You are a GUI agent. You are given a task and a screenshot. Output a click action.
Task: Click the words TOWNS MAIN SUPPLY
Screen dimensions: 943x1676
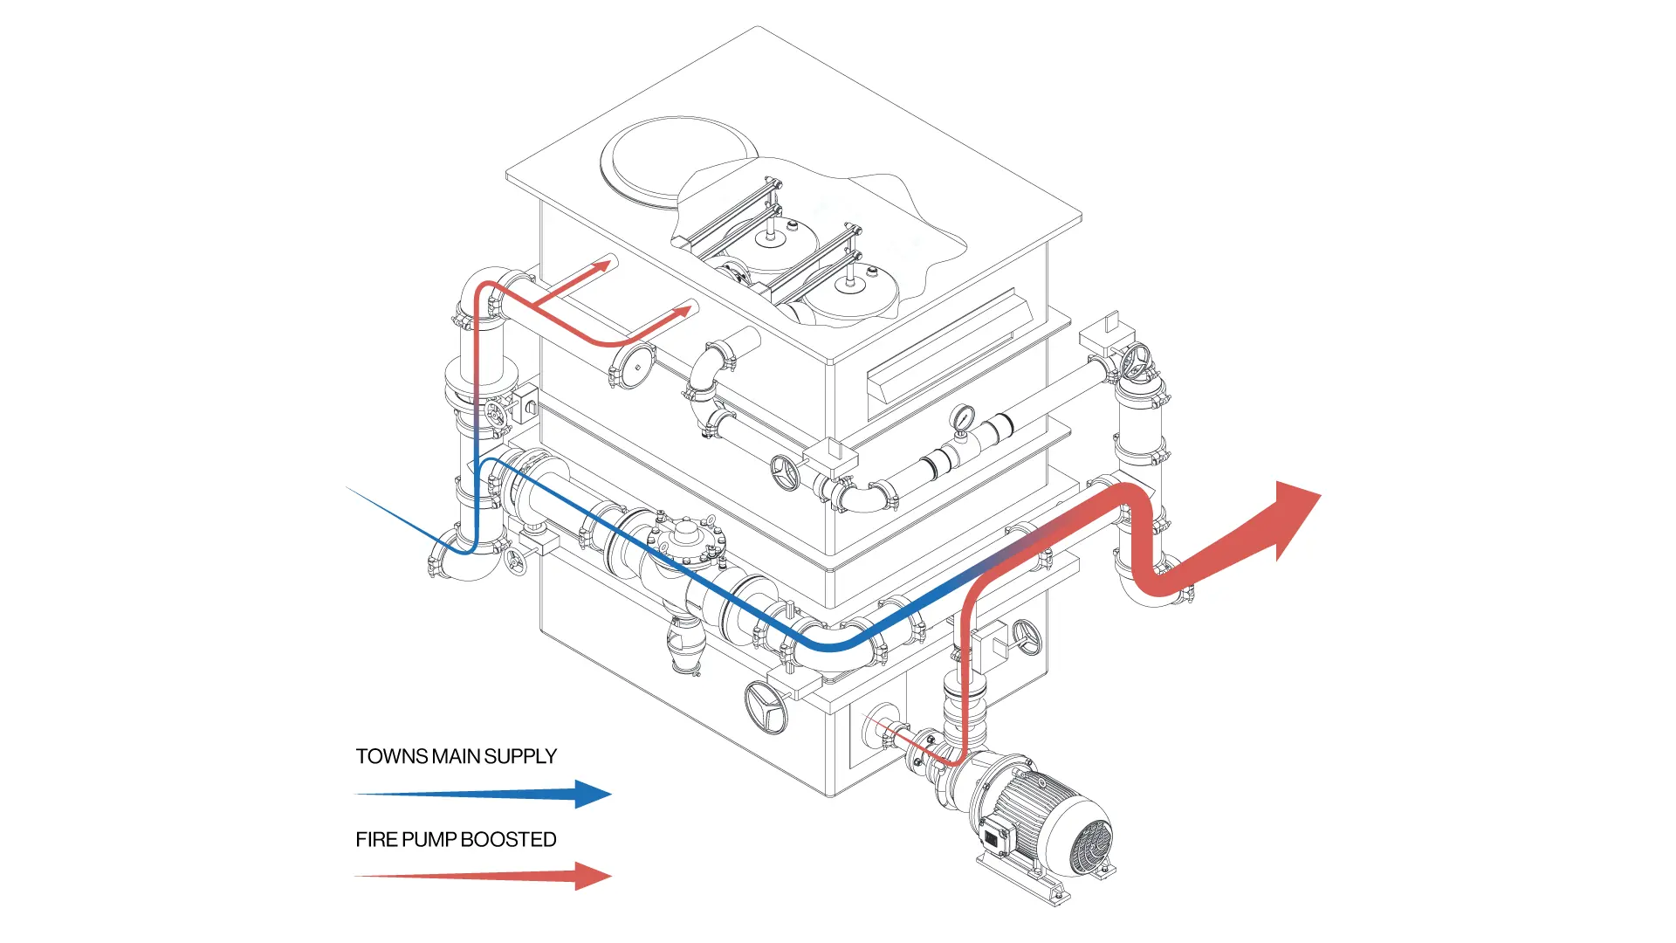coord(456,756)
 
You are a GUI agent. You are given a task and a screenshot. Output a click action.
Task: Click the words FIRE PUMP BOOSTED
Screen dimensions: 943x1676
coord(456,839)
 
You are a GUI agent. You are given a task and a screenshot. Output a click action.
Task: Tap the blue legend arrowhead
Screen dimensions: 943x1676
coord(594,794)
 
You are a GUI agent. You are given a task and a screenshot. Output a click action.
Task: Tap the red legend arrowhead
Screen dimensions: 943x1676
coord(594,876)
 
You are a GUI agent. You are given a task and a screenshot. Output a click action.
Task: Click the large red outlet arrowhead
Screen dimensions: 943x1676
coord(1292,515)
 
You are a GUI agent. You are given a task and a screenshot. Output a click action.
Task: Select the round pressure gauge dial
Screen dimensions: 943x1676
coord(963,417)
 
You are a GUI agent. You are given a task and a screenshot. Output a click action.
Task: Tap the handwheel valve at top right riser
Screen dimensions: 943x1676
coord(1136,361)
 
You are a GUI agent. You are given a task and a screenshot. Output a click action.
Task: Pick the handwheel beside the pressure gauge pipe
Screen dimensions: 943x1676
coord(786,472)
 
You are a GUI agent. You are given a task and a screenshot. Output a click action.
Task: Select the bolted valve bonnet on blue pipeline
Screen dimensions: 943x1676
coord(687,537)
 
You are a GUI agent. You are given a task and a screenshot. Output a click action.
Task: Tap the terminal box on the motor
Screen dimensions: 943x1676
coord(994,836)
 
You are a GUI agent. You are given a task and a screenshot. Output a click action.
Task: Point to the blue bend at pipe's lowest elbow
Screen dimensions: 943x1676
coord(829,646)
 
